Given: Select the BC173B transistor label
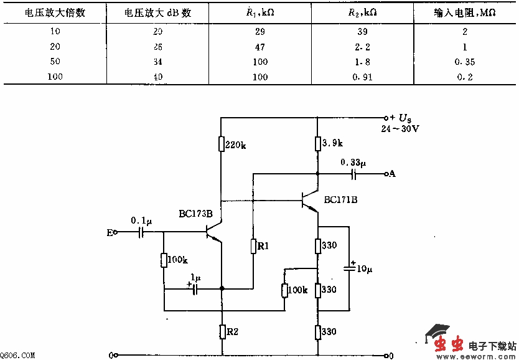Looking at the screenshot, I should pyautogui.click(x=196, y=214).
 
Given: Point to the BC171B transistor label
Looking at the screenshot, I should pyautogui.click(x=340, y=200).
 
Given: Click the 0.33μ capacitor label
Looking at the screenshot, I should pyautogui.click(x=353, y=163).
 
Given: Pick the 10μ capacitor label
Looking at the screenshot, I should pyautogui.click(x=364, y=269).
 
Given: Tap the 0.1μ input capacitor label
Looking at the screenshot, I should pyautogui.click(x=140, y=220).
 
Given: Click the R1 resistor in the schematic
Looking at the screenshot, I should pyautogui.click(x=254, y=247).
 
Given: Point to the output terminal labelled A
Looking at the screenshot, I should pyautogui.click(x=391, y=174).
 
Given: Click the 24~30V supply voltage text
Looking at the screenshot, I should pyautogui.click(x=400, y=129).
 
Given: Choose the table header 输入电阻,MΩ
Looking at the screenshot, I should pyautogui.click(x=464, y=12).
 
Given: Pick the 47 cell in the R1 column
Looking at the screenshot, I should pyautogui.click(x=260, y=47).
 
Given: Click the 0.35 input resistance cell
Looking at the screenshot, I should pyautogui.click(x=464, y=62).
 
